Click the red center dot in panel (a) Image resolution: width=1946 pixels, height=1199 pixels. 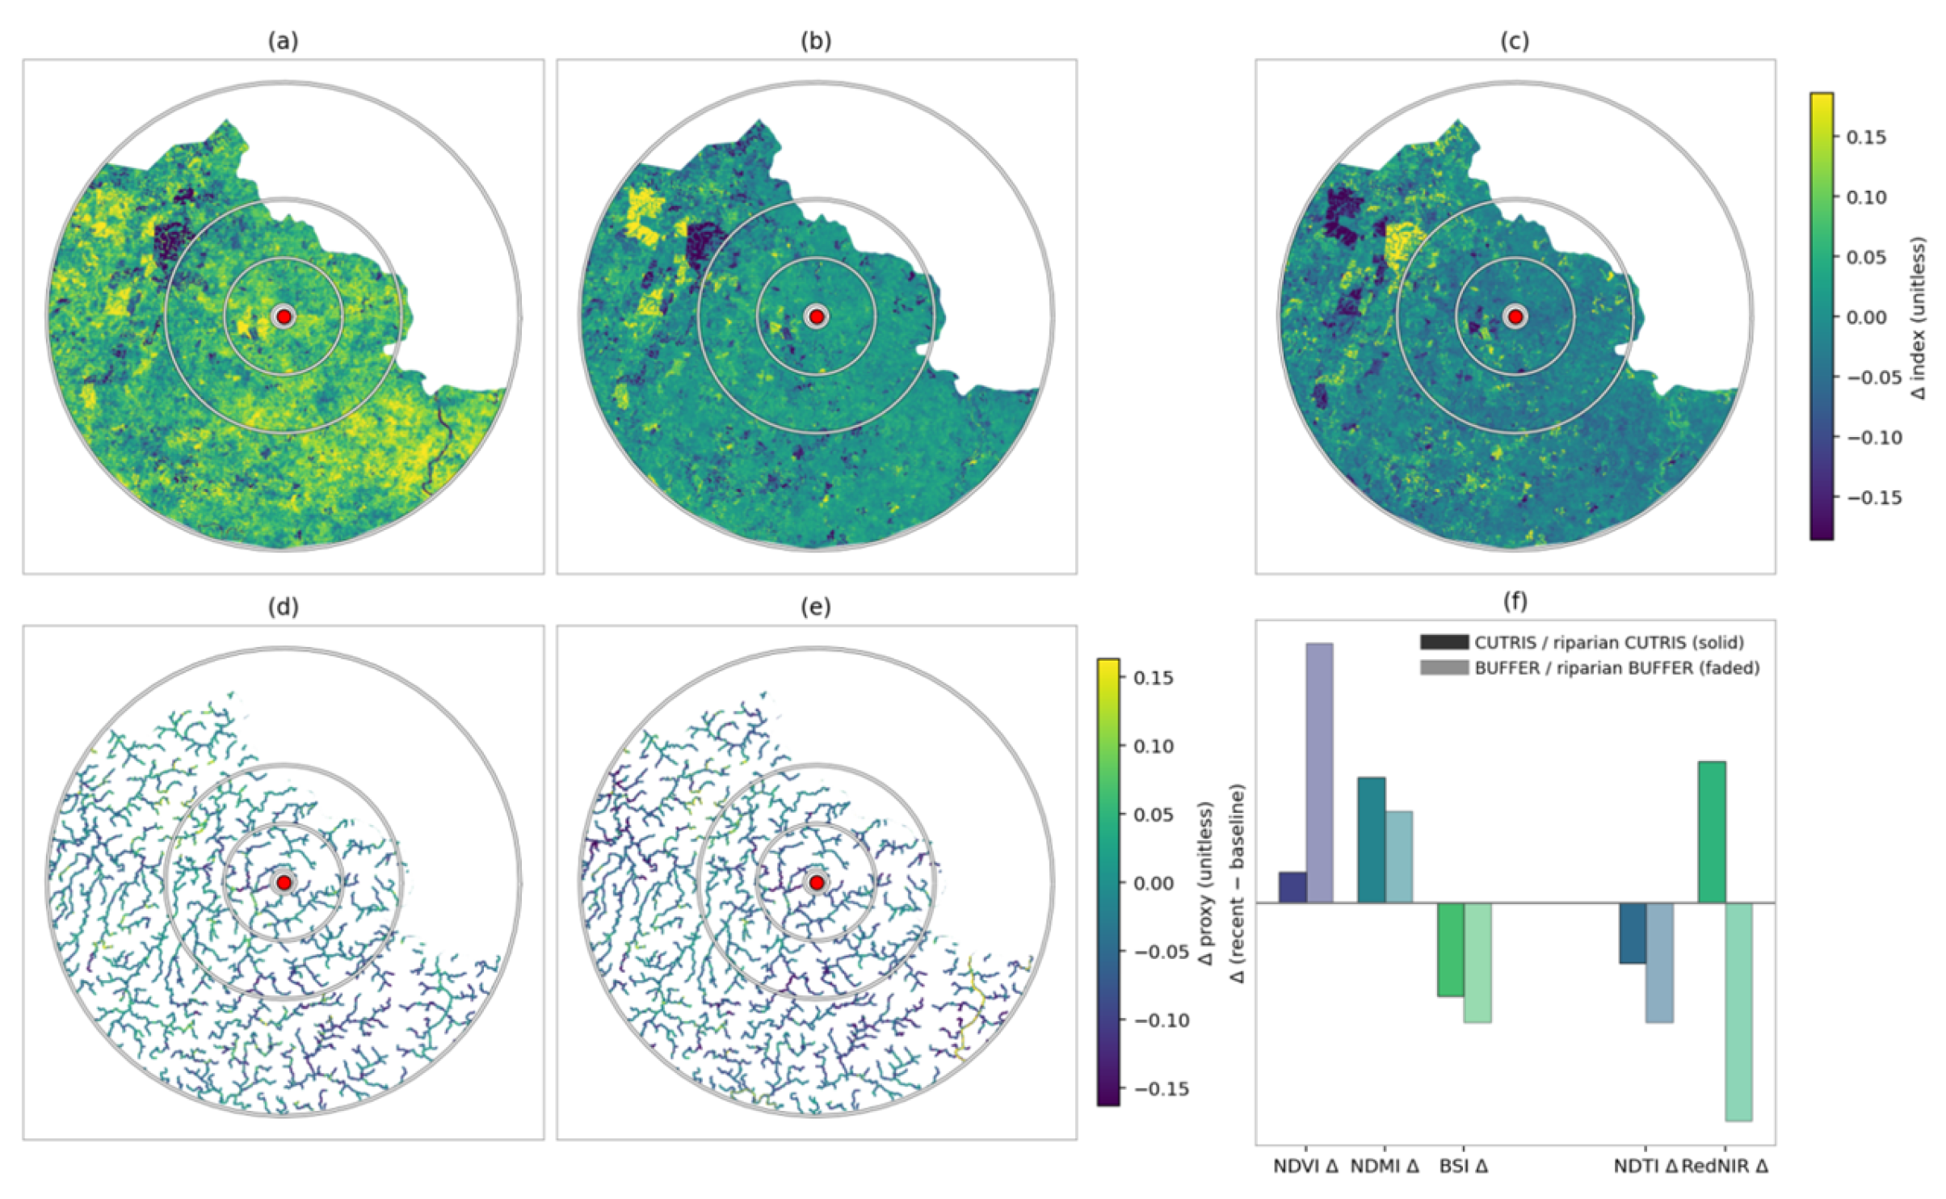284,317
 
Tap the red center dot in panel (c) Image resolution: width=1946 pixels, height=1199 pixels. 1515,317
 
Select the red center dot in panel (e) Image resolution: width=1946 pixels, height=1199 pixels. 816,882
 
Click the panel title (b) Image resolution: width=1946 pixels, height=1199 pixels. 816,41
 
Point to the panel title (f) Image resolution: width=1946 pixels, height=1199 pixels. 1515,601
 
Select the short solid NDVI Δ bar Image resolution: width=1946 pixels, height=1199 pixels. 1292,887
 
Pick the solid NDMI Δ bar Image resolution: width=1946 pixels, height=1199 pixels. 1371,839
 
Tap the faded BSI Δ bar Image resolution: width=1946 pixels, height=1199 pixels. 1477,962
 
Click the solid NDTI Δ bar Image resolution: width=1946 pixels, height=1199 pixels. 1633,932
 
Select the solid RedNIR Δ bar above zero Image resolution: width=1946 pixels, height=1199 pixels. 1712,831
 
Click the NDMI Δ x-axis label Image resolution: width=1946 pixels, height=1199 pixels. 1385,1167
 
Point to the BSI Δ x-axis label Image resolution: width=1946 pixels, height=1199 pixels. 1464,1167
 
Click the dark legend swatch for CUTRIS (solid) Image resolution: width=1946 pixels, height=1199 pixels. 1444,642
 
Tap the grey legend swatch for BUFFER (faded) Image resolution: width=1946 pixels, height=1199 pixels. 1444,667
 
